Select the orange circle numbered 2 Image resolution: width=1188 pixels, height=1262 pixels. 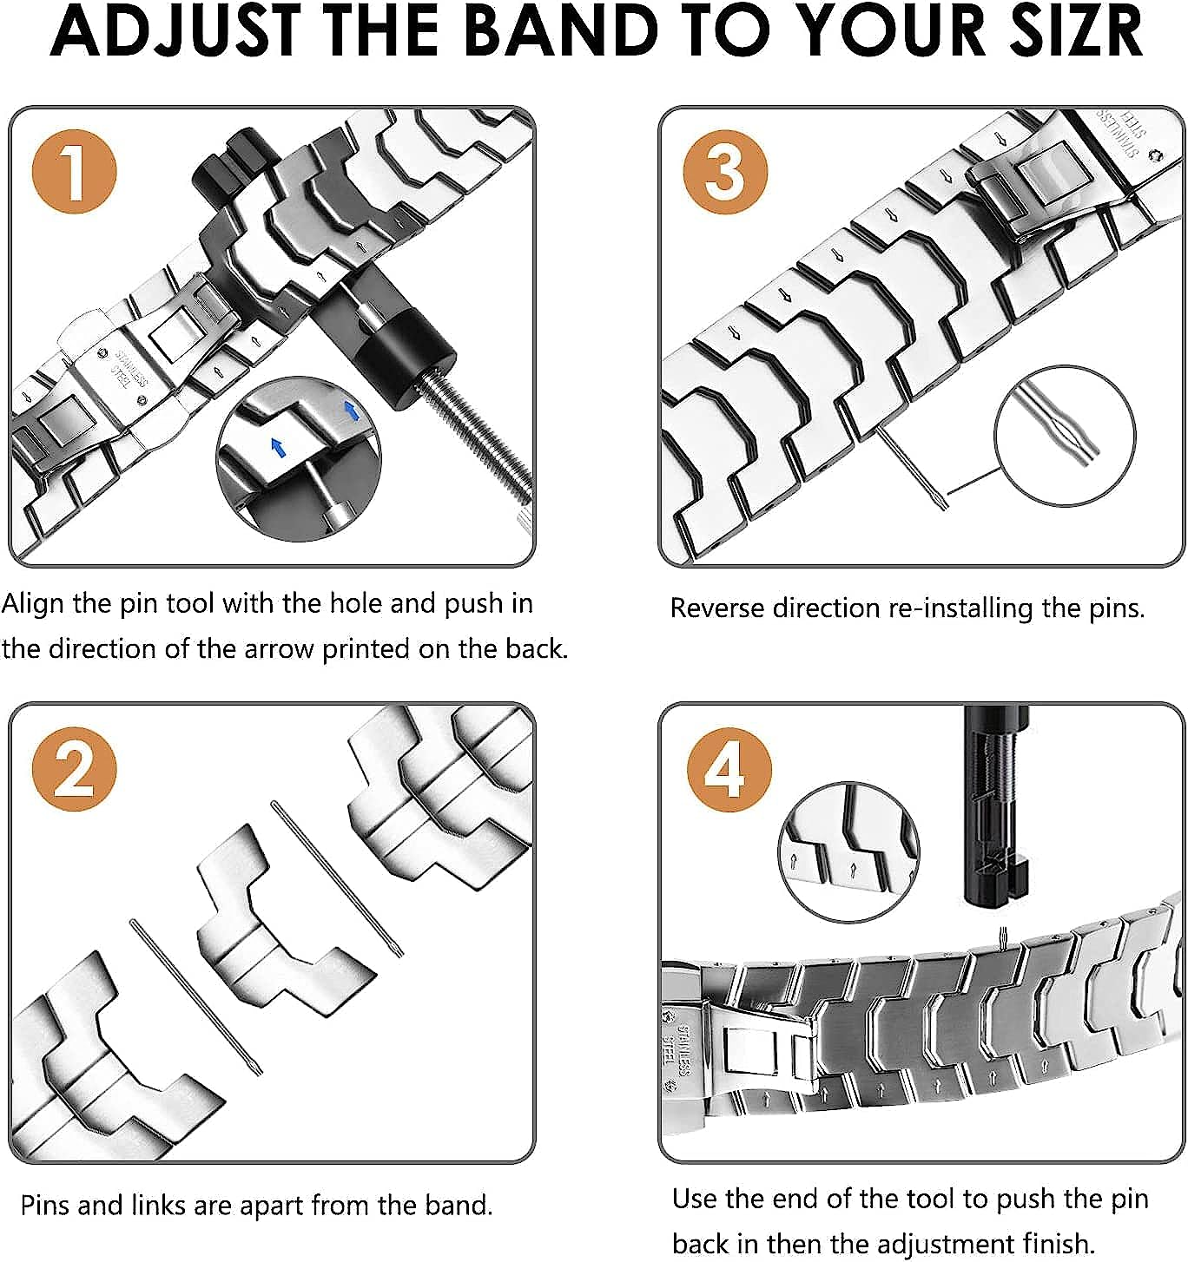(74, 769)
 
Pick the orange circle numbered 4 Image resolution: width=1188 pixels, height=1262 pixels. (729, 769)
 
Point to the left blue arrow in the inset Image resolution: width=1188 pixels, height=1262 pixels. (277, 448)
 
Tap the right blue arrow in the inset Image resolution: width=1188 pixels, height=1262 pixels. (351, 411)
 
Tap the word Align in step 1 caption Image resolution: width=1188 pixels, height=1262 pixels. (33, 604)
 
